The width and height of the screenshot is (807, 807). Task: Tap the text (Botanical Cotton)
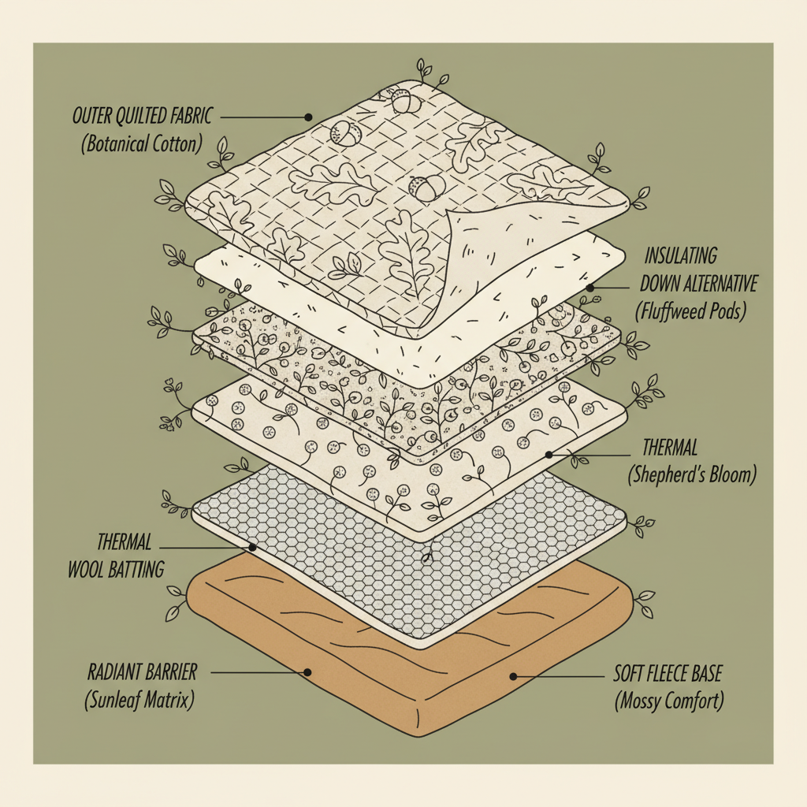(140, 145)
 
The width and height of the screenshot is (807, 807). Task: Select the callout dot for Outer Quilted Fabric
(308, 117)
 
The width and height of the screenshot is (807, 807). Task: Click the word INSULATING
(681, 256)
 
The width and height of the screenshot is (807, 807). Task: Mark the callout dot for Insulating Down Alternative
(590, 288)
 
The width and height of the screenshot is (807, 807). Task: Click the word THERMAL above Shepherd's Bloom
(670, 448)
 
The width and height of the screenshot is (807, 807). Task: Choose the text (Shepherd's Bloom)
(692, 475)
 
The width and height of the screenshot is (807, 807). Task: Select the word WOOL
(84, 569)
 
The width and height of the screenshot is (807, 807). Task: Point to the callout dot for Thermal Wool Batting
(252, 546)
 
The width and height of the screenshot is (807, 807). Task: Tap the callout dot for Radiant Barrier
(308, 673)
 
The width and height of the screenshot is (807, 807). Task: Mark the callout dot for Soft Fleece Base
(513, 675)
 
